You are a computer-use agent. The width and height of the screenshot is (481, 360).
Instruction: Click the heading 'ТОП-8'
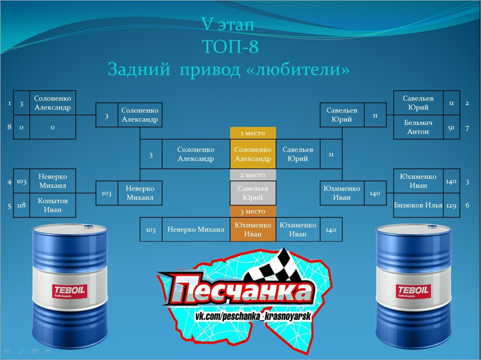(x=230, y=46)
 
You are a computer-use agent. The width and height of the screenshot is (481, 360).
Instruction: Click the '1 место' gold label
(x=253, y=133)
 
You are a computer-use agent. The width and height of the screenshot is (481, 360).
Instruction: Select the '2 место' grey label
(x=253, y=175)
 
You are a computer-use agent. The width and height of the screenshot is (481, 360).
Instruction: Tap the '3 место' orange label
(x=253, y=212)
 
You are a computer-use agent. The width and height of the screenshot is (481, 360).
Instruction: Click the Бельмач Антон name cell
(x=418, y=127)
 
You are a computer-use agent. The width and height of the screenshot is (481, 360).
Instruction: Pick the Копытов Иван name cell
(x=53, y=205)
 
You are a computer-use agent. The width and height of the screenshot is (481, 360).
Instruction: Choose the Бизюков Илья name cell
(x=418, y=205)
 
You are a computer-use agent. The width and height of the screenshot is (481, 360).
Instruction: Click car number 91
(x=451, y=127)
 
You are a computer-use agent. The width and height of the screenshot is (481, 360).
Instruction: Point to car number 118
(x=21, y=205)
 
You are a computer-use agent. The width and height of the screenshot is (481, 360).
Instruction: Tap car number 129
(x=451, y=205)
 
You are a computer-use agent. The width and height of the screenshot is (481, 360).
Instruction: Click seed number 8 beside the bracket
(x=9, y=127)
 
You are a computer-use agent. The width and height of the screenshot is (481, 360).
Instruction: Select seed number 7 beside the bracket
(x=467, y=128)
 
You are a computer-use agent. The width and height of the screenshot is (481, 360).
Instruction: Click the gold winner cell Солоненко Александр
(x=253, y=154)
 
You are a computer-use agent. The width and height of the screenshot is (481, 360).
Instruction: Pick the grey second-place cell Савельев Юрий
(x=253, y=193)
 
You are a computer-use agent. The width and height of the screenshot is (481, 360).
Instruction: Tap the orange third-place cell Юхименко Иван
(x=253, y=229)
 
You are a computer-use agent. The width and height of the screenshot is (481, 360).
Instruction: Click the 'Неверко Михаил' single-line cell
(x=196, y=229)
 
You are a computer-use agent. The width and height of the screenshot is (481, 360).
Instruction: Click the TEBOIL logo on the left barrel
(x=69, y=291)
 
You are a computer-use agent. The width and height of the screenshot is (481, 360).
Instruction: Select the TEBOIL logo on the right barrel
(x=413, y=291)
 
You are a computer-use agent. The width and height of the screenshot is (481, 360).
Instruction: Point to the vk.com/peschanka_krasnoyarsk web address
(x=253, y=316)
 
